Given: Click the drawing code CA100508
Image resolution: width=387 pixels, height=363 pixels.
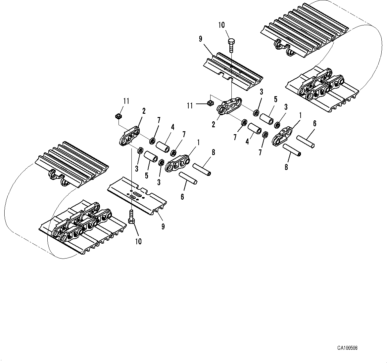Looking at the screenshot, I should [x=347, y=348].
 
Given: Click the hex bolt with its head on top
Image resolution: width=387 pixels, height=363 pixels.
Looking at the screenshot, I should [x=231, y=44].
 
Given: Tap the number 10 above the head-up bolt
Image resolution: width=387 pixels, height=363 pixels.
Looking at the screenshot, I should [x=221, y=25].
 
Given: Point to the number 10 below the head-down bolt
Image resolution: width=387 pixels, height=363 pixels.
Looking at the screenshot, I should [x=138, y=241].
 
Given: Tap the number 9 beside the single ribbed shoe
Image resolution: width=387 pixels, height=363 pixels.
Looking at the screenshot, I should [x=200, y=39].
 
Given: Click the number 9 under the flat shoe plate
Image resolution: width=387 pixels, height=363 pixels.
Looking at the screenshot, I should [x=163, y=226].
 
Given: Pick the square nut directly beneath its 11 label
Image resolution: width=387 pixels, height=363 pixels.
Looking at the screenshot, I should [x=118, y=116].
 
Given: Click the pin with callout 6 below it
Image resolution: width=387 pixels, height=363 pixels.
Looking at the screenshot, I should [x=188, y=178].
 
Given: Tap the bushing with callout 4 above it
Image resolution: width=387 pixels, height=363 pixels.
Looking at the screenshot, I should [x=163, y=146].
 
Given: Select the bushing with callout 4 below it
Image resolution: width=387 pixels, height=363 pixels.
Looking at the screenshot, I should [x=255, y=128].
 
